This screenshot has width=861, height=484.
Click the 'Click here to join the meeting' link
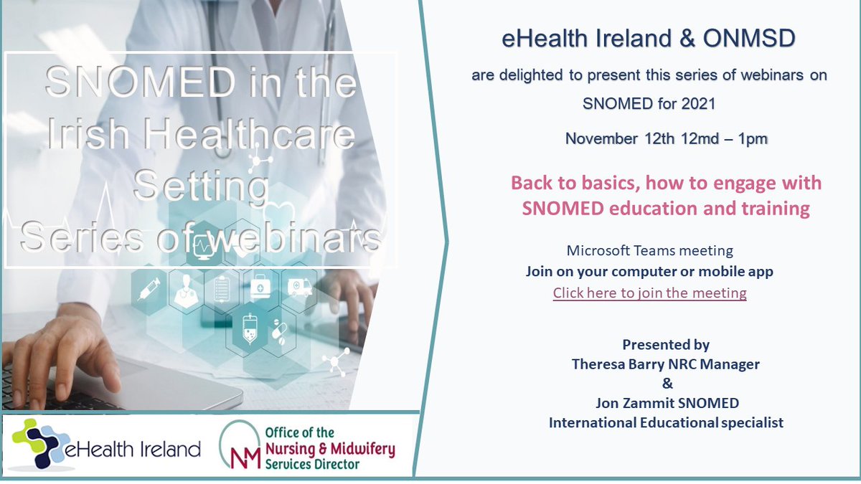pyautogui.click(x=649, y=293)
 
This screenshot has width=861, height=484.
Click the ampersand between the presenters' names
pyautogui.click(x=665, y=384)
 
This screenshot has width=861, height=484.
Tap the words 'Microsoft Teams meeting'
pyautogui.click(x=649, y=251)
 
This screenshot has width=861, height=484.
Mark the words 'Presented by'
pyautogui.click(x=665, y=345)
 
